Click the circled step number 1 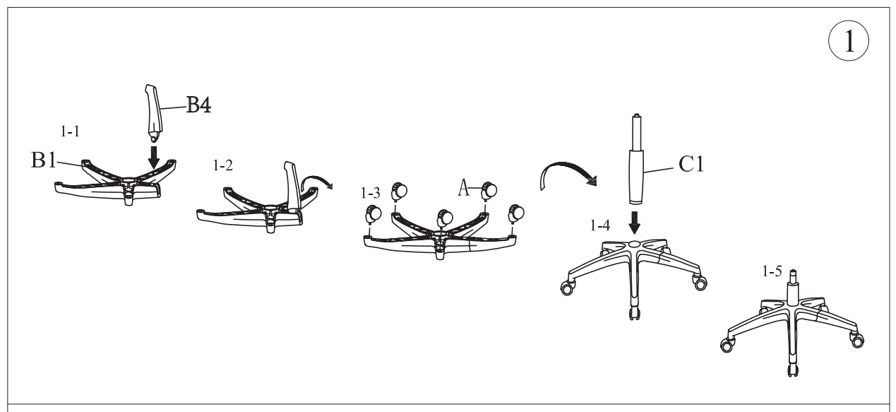click(x=849, y=41)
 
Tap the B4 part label click(x=199, y=105)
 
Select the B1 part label click(x=44, y=160)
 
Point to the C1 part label click(x=691, y=164)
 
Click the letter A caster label click(x=464, y=187)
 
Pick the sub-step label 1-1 click(x=70, y=131)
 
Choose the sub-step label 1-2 click(x=223, y=165)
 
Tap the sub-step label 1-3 click(x=371, y=193)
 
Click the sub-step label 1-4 click(x=600, y=225)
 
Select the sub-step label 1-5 click(x=772, y=271)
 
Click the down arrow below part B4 click(x=154, y=158)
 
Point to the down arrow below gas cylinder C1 click(x=634, y=223)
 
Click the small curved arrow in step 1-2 click(x=316, y=177)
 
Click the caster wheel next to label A click(x=489, y=191)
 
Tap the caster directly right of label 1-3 click(x=399, y=192)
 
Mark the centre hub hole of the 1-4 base click(x=634, y=243)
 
